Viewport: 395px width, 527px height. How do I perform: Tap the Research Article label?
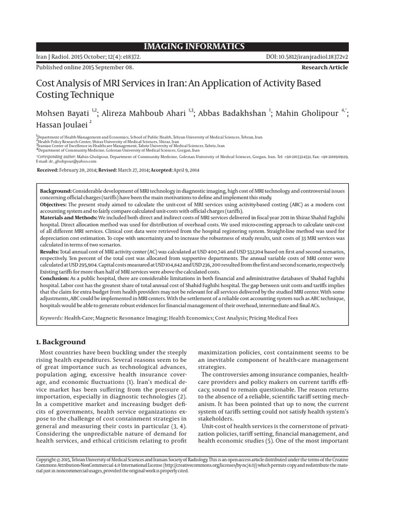(324, 67)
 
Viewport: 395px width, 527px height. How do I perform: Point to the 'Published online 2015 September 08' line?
(84, 67)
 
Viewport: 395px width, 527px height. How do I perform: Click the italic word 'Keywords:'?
(51, 318)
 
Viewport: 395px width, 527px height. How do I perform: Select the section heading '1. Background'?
(60, 342)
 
